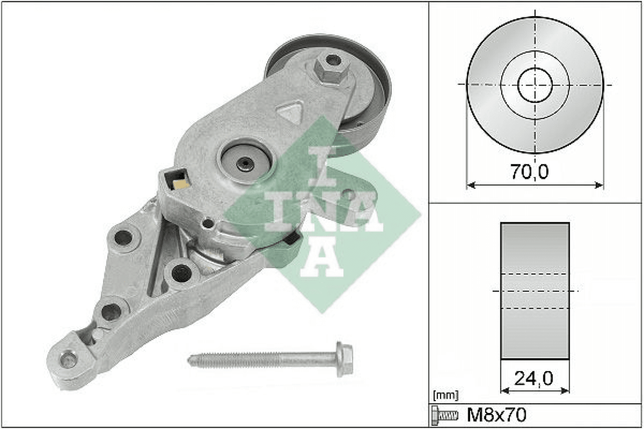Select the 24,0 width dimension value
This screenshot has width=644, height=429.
[534, 379]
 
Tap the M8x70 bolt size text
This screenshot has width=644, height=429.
[496, 415]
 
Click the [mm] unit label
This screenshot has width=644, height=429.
[446, 396]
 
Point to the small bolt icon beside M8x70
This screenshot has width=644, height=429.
[444, 415]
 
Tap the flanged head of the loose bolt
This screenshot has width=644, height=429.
[344, 359]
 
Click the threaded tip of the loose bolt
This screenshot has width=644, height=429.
[191, 360]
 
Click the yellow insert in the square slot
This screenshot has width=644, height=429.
[181, 183]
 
